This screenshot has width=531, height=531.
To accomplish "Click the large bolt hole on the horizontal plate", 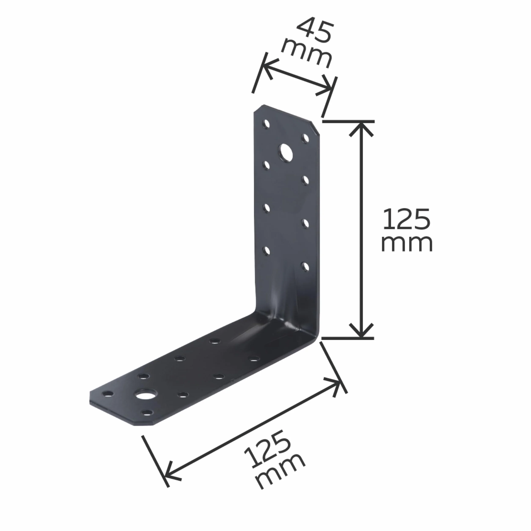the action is (145, 395).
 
